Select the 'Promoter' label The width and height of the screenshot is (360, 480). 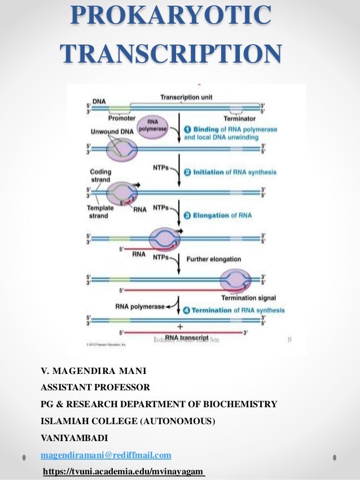click(121, 118)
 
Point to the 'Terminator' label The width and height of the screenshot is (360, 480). click(239, 118)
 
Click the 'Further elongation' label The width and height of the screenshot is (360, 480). click(214, 259)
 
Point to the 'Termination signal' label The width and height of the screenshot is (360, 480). click(247, 297)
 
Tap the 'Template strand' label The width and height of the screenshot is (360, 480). click(100, 211)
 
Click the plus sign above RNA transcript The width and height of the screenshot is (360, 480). click(179, 327)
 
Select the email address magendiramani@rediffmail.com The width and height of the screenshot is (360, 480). click(106, 455)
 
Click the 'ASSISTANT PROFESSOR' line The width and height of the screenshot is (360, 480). click(95, 388)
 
